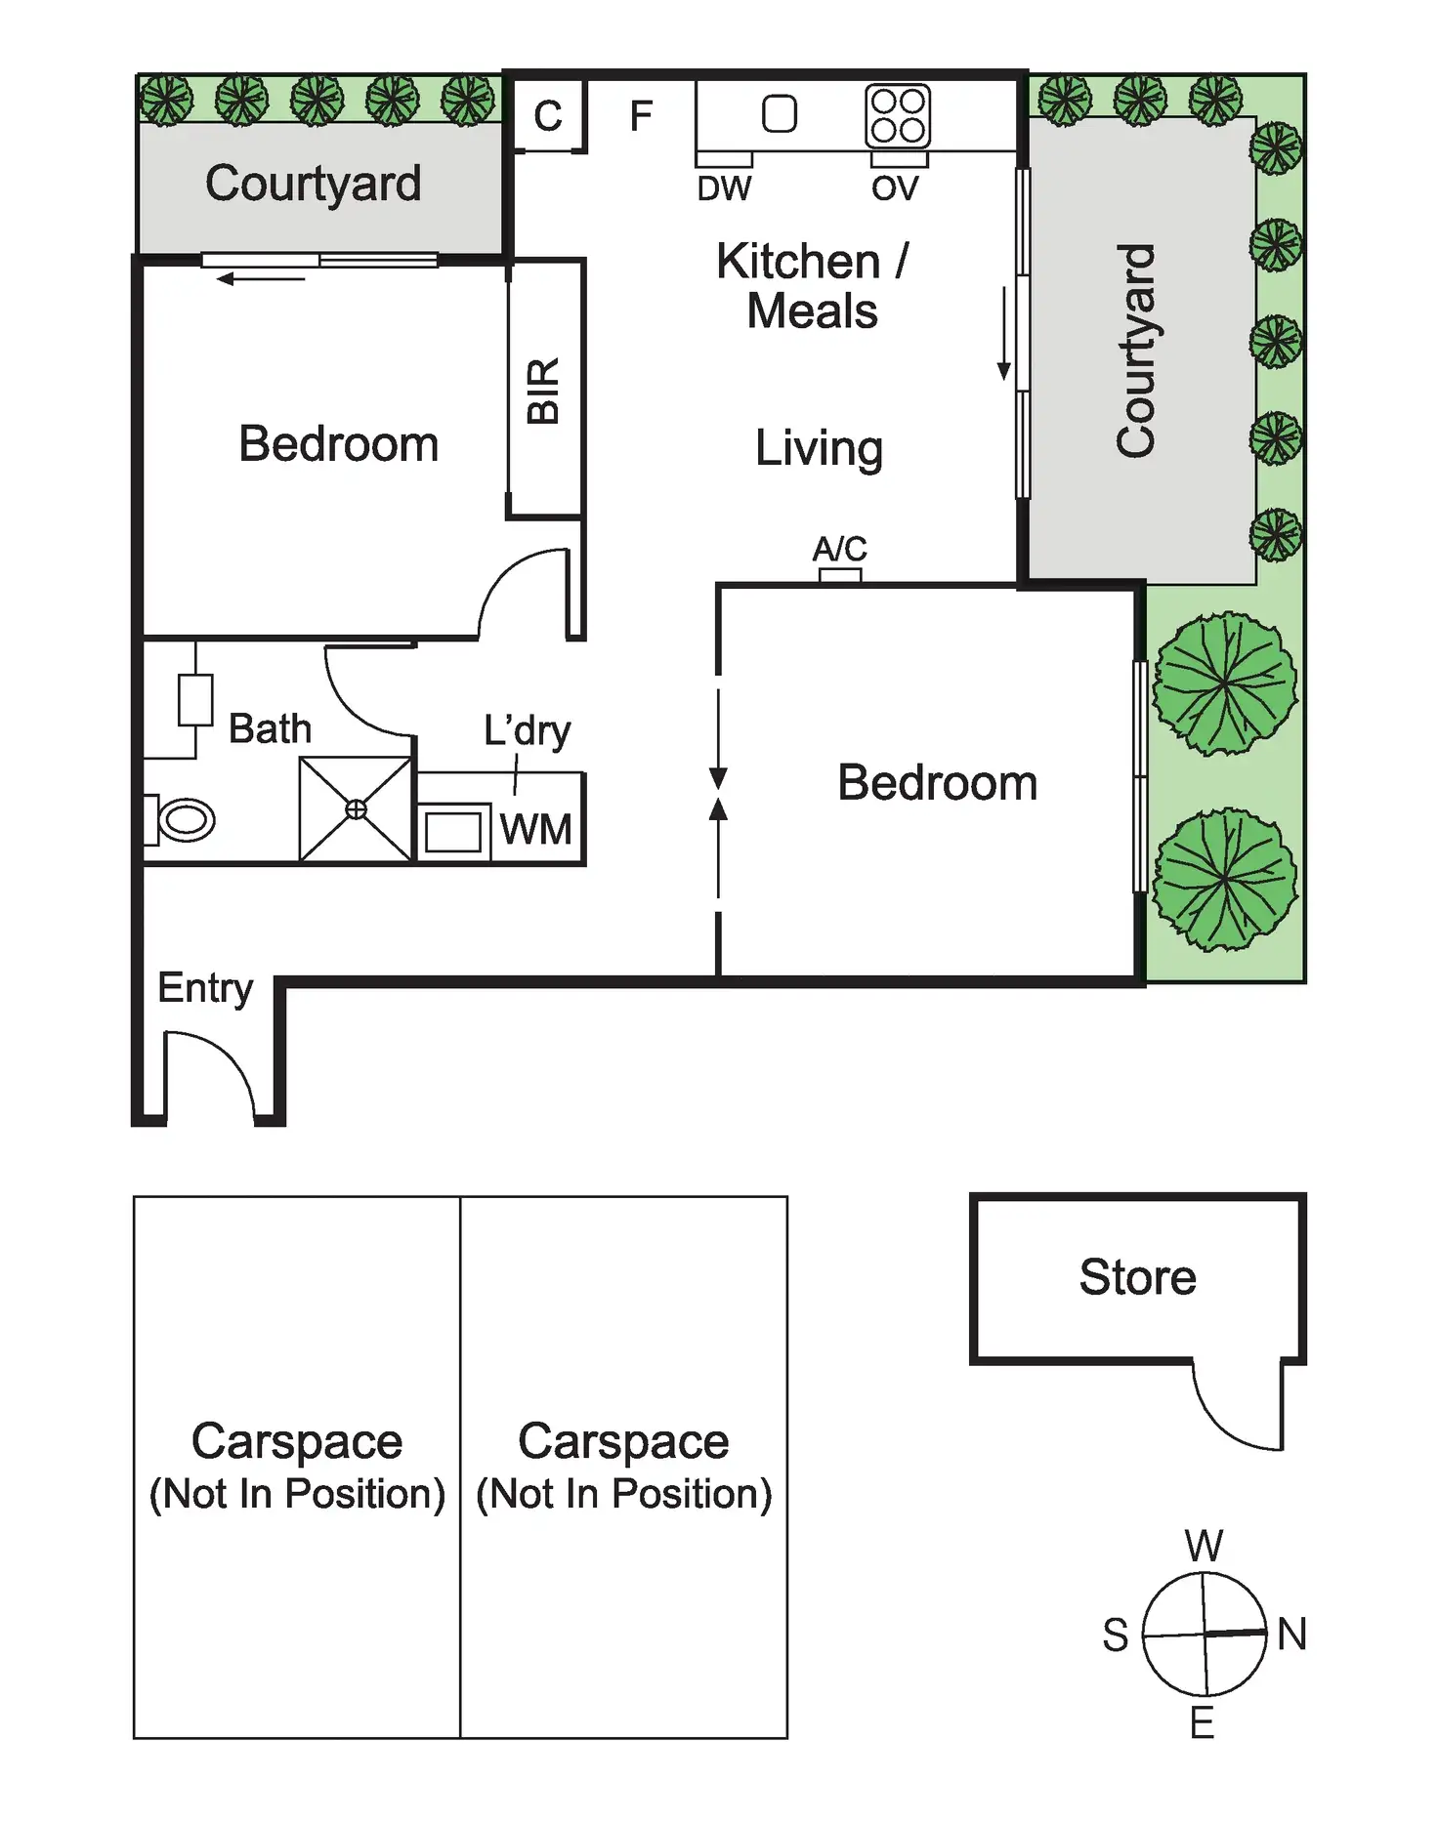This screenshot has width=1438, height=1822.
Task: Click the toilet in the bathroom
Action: (184, 819)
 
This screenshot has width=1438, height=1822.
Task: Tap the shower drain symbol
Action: (357, 809)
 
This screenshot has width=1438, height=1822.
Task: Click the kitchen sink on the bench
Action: (779, 114)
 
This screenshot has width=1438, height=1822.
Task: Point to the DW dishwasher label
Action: (724, 188)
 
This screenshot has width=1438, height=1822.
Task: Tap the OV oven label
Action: (895, 188)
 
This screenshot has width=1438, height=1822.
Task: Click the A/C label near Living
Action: (839, 549)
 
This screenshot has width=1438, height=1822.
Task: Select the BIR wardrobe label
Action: (543, 391)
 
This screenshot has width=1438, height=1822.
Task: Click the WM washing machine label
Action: (535, 830)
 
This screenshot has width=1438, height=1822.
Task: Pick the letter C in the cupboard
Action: (548, 117)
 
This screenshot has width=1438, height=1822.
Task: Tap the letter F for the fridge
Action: (641, 117)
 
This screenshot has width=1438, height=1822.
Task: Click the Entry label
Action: (205, 988)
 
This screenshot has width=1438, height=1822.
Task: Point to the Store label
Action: (1137, 1277)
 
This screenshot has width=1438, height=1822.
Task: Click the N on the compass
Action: (1291, 1635)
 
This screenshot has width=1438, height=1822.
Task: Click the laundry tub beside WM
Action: (453, 832)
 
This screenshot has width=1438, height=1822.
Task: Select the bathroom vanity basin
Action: (194, 700)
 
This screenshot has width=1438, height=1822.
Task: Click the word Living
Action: (819, 449)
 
